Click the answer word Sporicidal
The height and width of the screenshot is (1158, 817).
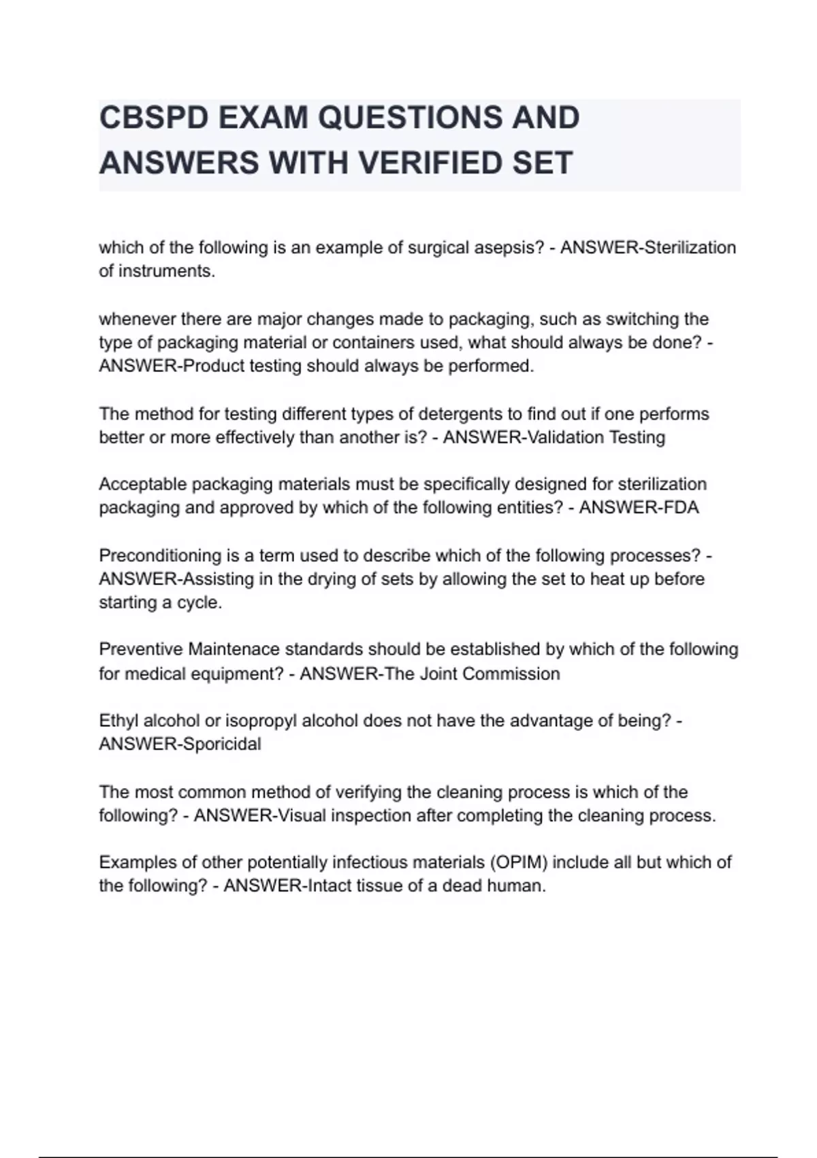point(221,745)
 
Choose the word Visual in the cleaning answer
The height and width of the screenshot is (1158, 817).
point(300,816)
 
